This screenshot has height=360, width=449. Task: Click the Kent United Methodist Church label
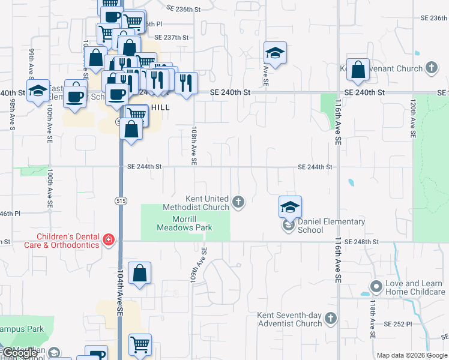click(x=207, y=203)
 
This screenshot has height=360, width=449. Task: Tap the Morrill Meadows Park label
click(x=184, y=223)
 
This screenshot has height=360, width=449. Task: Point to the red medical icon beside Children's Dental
click(x=109, y=241)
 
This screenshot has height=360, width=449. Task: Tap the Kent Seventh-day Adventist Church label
click(x=290, y=319)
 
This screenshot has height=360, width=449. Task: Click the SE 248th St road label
click(x=363, y=241)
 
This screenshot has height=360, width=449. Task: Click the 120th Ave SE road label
click(x=414, y=119)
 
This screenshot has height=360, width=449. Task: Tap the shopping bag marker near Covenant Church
click(x=358, y=69)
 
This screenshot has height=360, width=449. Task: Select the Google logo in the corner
click(x=20, y=353)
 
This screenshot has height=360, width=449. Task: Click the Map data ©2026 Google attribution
click(x=412, y=355)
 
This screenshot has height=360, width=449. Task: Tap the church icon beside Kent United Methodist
click(x=239, y=201)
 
